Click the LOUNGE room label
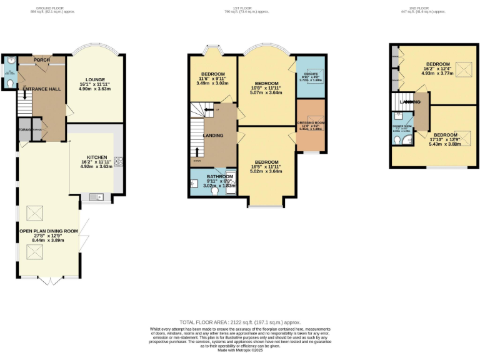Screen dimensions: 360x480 click(x=95, y=79)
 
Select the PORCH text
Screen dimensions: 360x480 click(x=42, y=60)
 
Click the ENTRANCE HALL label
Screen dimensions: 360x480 click(x=42, y=89)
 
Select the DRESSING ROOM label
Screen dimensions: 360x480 click(x=310, y=122)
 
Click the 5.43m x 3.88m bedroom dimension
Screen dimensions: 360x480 click(x=444, y=144)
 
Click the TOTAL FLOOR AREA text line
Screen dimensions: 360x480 click(x=241, y=319)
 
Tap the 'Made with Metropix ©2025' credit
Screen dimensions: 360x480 click(x=241, y=350)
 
